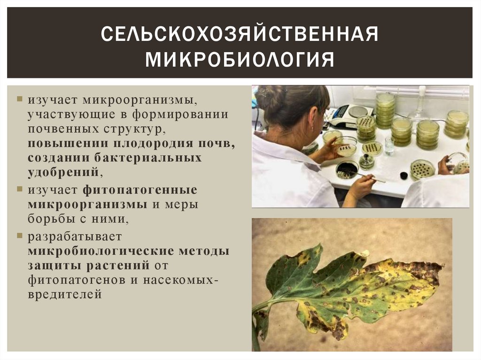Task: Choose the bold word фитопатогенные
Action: click(x=140, y=191)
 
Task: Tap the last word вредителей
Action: click(x=64, y=294)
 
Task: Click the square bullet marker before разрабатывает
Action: click(x=19, y=235)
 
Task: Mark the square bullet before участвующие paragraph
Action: click(x=19, y=100)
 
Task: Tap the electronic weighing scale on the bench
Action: click(x=350, y=115)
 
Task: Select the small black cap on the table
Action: click(x=403, y=176)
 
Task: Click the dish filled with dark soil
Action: click(x=348, y=170)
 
